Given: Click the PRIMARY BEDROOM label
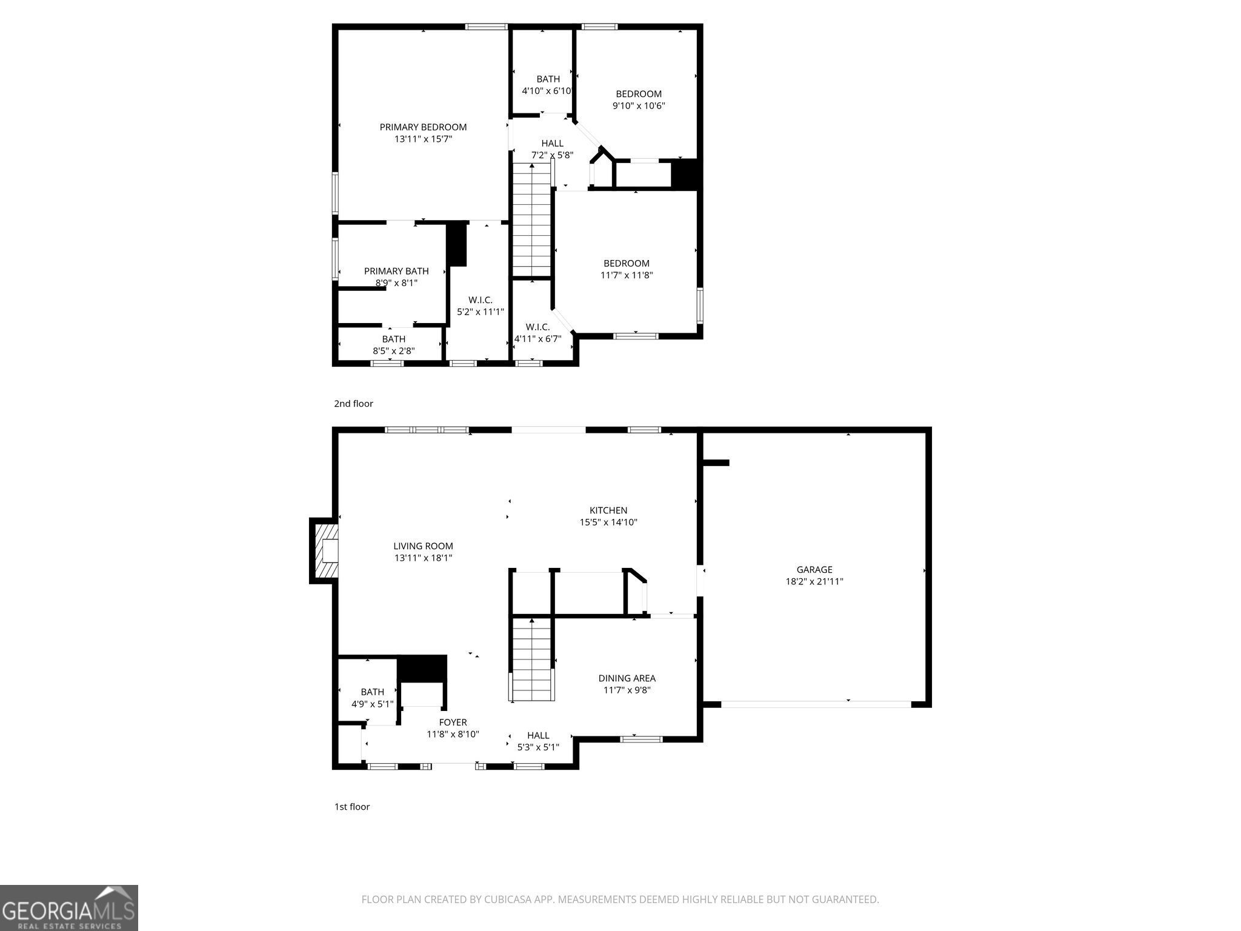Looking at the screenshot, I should (x=423, y=127).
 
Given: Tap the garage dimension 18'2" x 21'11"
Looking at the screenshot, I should (x=814, y=581).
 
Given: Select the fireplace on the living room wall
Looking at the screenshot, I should (x=325, y=551).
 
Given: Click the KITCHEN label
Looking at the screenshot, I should (x=608, y=510).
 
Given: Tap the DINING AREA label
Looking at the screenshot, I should (x=627, y=678).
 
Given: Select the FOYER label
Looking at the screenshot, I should (x=453, y=722).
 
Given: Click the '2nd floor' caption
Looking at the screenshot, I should (x=353, y=404).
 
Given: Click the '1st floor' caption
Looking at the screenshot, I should (x=352, y=807).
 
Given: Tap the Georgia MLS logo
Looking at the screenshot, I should (x=68, y=907).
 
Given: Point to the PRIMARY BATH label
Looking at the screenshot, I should (x=396, y=271).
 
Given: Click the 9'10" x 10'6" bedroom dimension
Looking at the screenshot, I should (x=639, y=105).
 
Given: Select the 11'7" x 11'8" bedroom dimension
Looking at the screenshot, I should (x=626, y=275).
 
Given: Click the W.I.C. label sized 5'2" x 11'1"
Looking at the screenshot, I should (x=480, y=300).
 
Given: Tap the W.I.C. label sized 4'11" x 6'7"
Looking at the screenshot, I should (x=537, y=327).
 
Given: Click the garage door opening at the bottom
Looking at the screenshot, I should (x=816, y=704).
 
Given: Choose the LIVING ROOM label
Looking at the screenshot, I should (x=423, y=546).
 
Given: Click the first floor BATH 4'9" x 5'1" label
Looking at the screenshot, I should (x=372, y=692).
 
